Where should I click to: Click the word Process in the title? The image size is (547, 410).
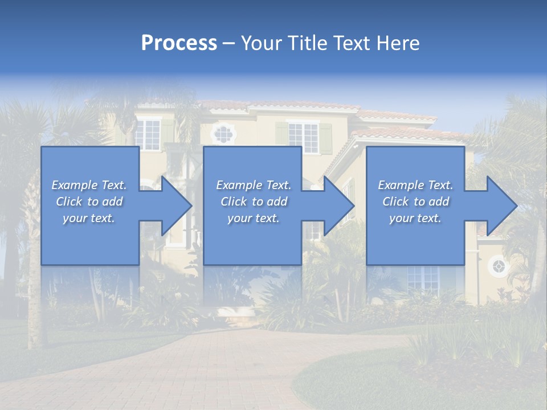(179, 43)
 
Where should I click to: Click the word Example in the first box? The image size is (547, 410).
(75, 185)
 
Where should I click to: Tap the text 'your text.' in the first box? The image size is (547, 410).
(89, 218)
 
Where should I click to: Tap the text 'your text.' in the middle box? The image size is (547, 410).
(254, 218)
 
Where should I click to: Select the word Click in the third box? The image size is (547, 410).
(395, 202)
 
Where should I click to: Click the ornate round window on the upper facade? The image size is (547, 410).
(223, 134)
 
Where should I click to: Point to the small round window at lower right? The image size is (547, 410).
(499, 266)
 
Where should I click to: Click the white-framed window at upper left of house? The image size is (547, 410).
(148, 133)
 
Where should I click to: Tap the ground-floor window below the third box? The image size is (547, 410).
(422, 278)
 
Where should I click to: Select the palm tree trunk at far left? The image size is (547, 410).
(34, 296)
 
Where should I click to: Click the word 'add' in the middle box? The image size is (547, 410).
(277, 202)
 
